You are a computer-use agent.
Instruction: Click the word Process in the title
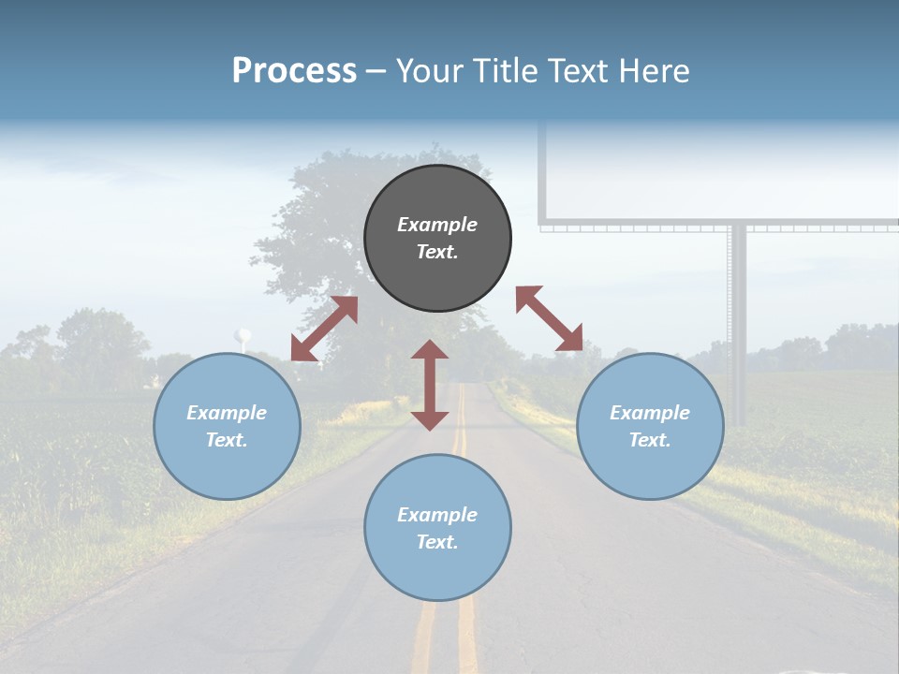tap(294, 71)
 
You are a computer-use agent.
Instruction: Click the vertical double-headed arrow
tap(430, 385)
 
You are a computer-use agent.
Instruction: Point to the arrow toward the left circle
tap(324, 329)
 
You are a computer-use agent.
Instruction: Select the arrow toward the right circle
tap(550, 318)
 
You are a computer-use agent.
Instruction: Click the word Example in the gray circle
tap(437, 225)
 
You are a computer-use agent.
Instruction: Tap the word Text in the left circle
tap(227, 440)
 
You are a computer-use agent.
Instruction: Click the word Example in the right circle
tap(650, 413)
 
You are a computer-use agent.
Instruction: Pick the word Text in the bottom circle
tap(437, 542)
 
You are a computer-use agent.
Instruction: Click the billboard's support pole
tap(738, 318)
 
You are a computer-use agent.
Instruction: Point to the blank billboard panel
tap(721, 173)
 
